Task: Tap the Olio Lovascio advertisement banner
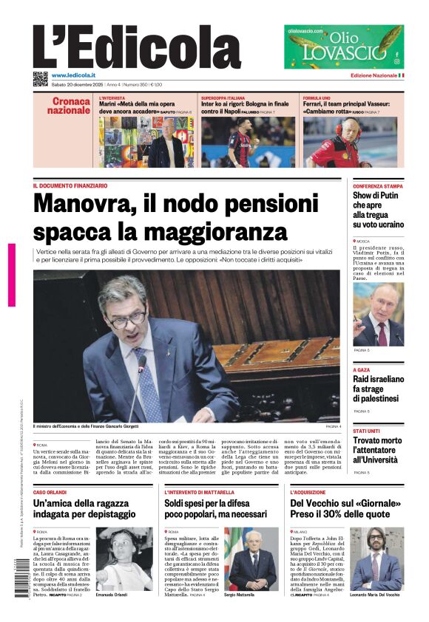click(344, 47)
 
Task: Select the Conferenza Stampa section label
click(378, 186)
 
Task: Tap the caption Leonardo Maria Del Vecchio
click(375, 595)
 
